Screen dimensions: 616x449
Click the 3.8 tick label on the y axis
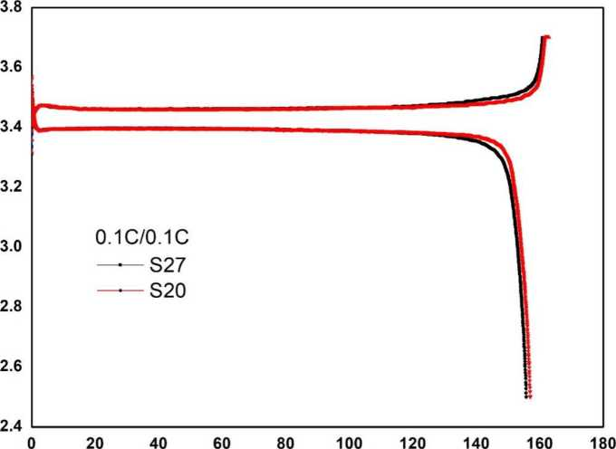[x=10, y=7]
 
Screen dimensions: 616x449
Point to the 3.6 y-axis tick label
[x=10, y=67]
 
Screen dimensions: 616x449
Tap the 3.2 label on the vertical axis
[x=10, y=187]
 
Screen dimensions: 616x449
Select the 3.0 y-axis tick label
[x=10, y=247]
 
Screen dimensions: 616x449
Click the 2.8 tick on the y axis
[x=10, y=307]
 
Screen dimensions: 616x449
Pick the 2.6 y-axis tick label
[x=10, y=367]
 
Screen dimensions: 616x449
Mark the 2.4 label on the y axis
[x=10, y=426]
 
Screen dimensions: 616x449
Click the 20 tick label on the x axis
[x=94, y=443]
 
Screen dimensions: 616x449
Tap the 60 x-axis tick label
[x=221, y=443]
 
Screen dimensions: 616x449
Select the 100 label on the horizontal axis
[x=348, y=443]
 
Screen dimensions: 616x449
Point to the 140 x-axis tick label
[x=476, y=443]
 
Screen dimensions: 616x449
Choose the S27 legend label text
[x=167, y=266]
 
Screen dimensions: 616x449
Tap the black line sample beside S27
[x=120, y=266]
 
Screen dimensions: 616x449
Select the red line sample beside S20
[x=120, y=291]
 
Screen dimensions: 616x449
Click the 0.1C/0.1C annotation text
[x=142, y=238]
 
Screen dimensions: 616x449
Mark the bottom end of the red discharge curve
[x=530, y=396]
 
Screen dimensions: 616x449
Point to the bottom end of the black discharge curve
[x=526, y=396]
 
